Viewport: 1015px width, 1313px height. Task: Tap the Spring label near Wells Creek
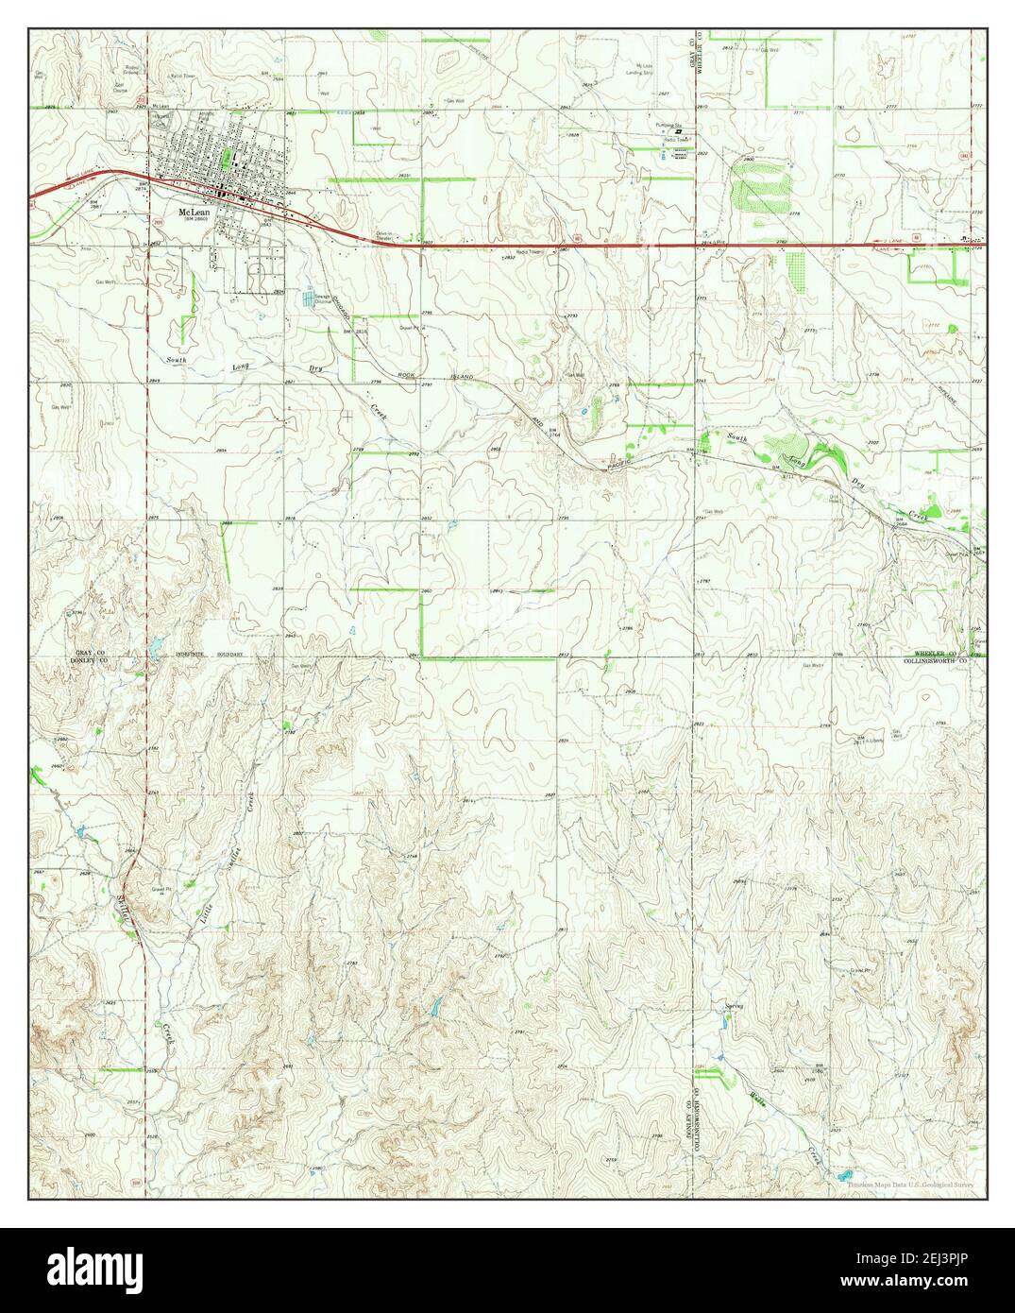(x=735, y=1006)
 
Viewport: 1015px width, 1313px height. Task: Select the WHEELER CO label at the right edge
(x=935, y=653)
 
